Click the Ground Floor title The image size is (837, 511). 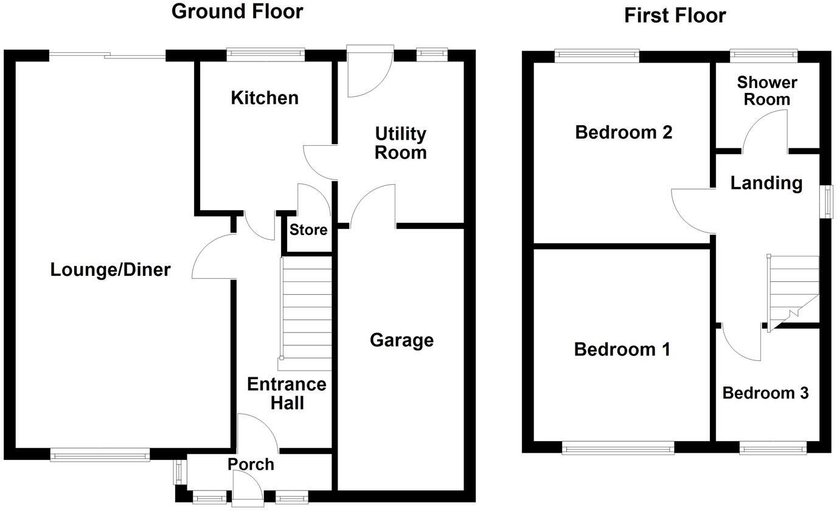(x=237, y=11)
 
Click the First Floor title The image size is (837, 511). (x=675, y=15)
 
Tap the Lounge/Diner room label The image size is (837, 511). (x=110, y=269)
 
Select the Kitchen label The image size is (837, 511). (x=265, y=98)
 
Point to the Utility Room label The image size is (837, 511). (x=400, y=143)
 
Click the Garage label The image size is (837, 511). (x=401, y=340)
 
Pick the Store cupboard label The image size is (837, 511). (x=308, y=230)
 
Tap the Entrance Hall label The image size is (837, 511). (x=287, y=393)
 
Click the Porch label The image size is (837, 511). (x=251, y=464)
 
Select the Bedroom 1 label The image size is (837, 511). (x=622, y=349)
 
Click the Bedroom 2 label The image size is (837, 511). (x=623, y=132)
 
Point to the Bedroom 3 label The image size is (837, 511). (x=765, y=393)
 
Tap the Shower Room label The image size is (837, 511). (x=766, y=91)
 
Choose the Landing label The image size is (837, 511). (x=766, y=182)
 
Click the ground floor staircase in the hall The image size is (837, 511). (x=306, y=313)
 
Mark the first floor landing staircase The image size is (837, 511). (x=793, y=292)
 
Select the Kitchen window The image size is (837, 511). (x=265, y=55)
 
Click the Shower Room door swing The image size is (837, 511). (x=764, y=134)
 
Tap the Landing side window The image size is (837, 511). (x=828, y=201)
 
